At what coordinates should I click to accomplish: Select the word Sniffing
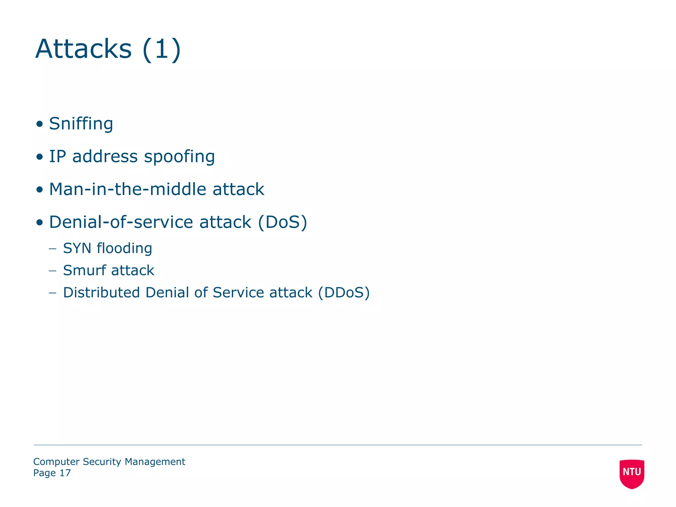click(81, 124)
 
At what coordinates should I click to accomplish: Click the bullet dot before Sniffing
click(40, 124)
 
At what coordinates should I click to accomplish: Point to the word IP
click(57, 156)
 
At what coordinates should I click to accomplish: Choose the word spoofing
click(179, 157)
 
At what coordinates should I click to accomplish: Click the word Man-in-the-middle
click(127, 189)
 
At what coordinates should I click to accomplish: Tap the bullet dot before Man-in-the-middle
click(40, 189)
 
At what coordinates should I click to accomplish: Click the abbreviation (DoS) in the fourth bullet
click(282, 222)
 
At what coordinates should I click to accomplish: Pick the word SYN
click(77, 248)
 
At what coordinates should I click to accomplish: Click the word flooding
click(124, 248)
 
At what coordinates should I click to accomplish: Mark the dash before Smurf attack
click(52, 271)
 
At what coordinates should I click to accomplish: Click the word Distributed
click(101, 292)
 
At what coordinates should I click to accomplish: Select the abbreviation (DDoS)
click(344, 292)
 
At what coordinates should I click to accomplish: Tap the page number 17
click(65, 473)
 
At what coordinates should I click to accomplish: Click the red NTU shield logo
click(632, 473)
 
